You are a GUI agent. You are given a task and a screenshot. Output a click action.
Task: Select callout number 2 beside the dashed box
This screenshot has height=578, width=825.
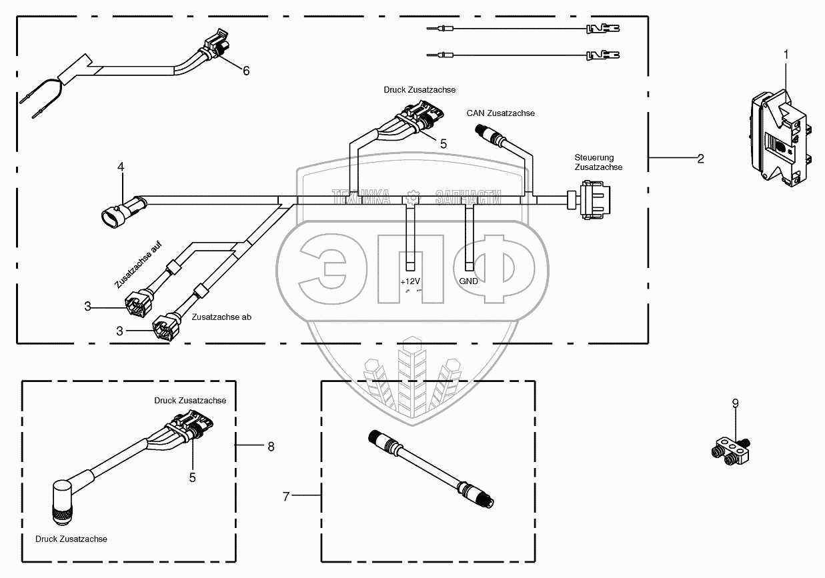click(x=700, y=159)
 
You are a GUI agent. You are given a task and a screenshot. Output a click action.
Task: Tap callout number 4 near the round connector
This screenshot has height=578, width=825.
click(x=121, y=167)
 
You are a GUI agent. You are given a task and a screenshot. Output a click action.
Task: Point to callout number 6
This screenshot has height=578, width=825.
click(x=246, y=71)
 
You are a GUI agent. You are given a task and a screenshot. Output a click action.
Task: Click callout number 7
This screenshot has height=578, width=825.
click(x=286, y=497)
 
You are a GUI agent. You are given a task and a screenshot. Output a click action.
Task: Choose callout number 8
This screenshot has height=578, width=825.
click(x=271, y=447)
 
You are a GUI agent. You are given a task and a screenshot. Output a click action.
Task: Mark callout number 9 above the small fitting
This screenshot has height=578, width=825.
click(x=735, y=403)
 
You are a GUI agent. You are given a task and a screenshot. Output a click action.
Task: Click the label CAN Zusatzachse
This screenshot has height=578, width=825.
click(x=500, y=113)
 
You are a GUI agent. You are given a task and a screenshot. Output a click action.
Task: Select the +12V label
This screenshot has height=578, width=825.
click(x=410, y=281)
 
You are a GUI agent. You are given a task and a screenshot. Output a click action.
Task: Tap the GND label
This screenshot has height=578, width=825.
click(x=468, y=281)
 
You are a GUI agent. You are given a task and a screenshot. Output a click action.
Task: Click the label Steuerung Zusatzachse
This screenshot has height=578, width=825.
click(x=598, y=162)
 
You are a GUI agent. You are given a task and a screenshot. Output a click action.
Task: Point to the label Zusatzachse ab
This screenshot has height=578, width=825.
click(x=221, y=317)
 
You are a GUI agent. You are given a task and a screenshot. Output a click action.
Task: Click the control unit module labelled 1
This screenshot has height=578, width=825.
click(x=778, y=137)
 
